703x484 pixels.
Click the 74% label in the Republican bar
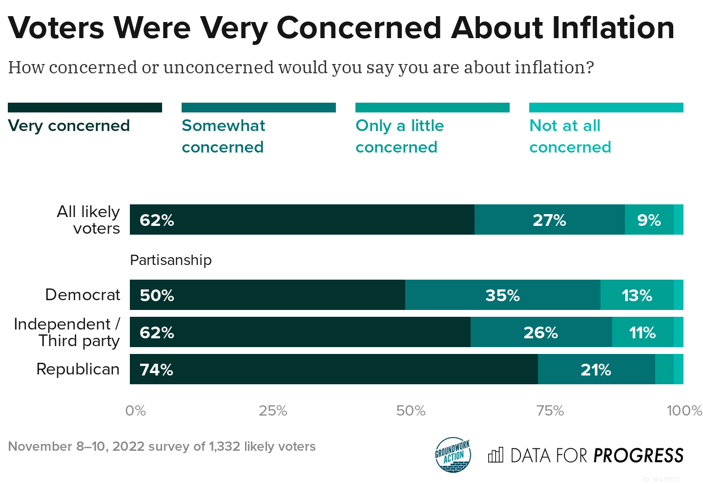click(x=156, y=370)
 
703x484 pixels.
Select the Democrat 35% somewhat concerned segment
click(x=502, y=295)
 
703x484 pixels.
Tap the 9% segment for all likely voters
click(x=649, y=220)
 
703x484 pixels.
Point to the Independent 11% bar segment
click(x=642, y=332)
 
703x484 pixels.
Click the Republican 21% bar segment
click(x=596, y=370)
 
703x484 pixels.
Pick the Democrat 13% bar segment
click(x=637, y=295)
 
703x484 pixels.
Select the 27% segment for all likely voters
click(x=549, y=220)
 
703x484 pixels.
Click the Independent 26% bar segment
click(x=540, y=332)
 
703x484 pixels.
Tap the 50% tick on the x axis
click(x=411, y=411)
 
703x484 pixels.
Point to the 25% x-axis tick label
click(x=273, y=411)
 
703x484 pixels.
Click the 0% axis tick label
click(x=135, y=411)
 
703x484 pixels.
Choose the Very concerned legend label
click(x=69, y=126)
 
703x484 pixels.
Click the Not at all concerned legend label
click(x=570, y=136)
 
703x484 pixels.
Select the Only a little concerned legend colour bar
click(x=432, y=108)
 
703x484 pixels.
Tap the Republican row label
click(x=78, y=369)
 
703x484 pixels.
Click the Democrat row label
click(x=83, y=295)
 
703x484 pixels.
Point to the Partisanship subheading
click(x=171, y=260)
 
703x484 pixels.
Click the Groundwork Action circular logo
click(x=453, y=455)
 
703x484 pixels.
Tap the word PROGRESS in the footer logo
click(x=638, y=456)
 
